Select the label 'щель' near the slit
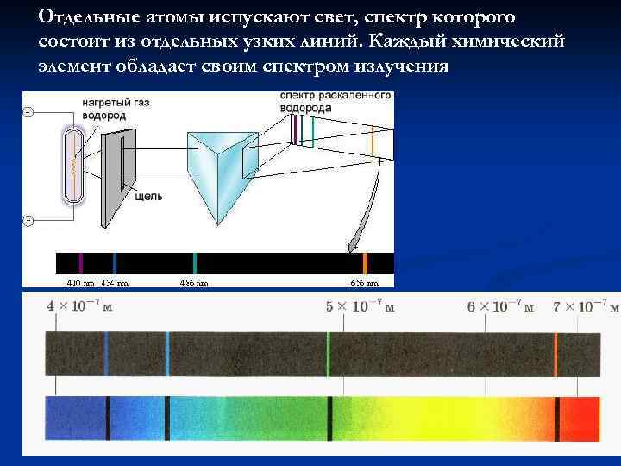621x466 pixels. point(149,196)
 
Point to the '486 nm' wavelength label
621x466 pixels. point(194,282)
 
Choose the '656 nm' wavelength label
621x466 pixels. point(364,282)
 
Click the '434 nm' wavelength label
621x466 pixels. point(115,282)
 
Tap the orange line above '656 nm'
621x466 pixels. point(365,262)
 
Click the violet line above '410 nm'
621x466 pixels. point(80,262)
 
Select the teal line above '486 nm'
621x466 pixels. point(196,262)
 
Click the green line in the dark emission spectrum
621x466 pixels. point(329,353)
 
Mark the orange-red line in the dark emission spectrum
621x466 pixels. point(556,353)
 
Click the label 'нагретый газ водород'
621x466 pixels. point(116,109)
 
